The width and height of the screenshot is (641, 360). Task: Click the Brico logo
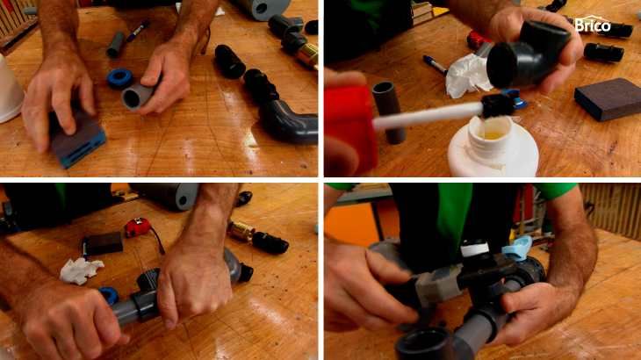tap(593, 24)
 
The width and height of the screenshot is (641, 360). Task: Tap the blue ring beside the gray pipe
tap(119, 78)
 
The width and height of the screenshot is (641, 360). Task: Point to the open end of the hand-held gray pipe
tap(132, 98)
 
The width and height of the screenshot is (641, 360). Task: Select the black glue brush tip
tap(498, 105)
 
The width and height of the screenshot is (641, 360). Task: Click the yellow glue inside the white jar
tap(493, 134)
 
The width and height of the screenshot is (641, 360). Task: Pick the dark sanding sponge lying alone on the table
tap(608, 99)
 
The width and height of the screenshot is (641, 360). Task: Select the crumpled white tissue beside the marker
tap(468, 76)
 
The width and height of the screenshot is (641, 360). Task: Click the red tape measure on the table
tap(138, 227)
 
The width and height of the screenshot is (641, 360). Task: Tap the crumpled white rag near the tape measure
tap(81, 270)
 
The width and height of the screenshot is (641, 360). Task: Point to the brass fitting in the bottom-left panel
tap(240, 231)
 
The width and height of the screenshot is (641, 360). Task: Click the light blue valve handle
tap(516, 248)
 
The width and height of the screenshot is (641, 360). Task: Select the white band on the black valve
tap(475, 248)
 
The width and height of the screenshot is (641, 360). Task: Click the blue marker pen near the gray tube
tap(136, 31)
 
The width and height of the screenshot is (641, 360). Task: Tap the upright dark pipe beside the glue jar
tap(389, 112)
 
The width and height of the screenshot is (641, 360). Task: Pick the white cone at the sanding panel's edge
tap(10, 90)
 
